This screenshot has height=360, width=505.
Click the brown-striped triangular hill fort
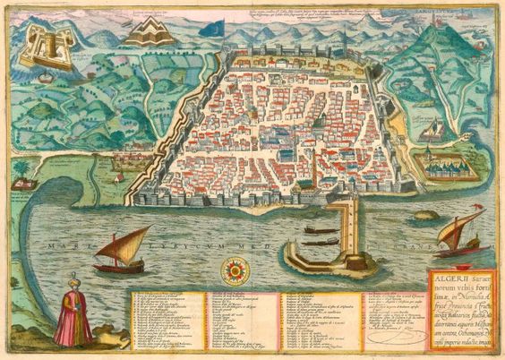(x=150, y=33)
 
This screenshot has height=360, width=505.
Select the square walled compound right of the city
(x=444, y=165)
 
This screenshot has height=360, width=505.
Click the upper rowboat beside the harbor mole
(x=321, y=230)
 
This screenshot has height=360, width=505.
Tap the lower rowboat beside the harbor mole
(x=321, y=243)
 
